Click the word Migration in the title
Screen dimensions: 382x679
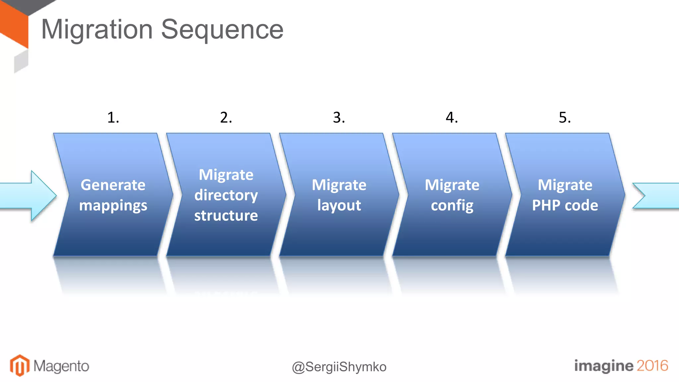tap(97, 30)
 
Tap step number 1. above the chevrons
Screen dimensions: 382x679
tap(113, 117)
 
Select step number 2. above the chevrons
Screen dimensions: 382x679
tap(226, 117)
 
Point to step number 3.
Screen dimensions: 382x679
tap(339, 117)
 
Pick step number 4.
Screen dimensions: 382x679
tap(452, 117)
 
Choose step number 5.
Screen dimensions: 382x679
tap(565, 117)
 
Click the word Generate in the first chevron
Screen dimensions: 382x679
tap(113, 185)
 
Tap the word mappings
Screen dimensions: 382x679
tap(113, 206)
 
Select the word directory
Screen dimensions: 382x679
tap(226, 195)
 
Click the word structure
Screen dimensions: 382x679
tap(226, 216)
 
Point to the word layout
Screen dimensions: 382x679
tap(339, 205)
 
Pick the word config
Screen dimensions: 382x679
tap(452, 205)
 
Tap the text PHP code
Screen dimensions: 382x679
tap(565, 205)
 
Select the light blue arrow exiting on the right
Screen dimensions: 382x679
tap(658, 196)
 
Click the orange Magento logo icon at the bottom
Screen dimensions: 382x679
tap(20, 365)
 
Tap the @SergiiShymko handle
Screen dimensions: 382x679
tap(339, 367)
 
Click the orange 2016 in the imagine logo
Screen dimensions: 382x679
tap(652, 365)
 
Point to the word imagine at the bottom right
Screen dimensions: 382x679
tap(603, 366)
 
